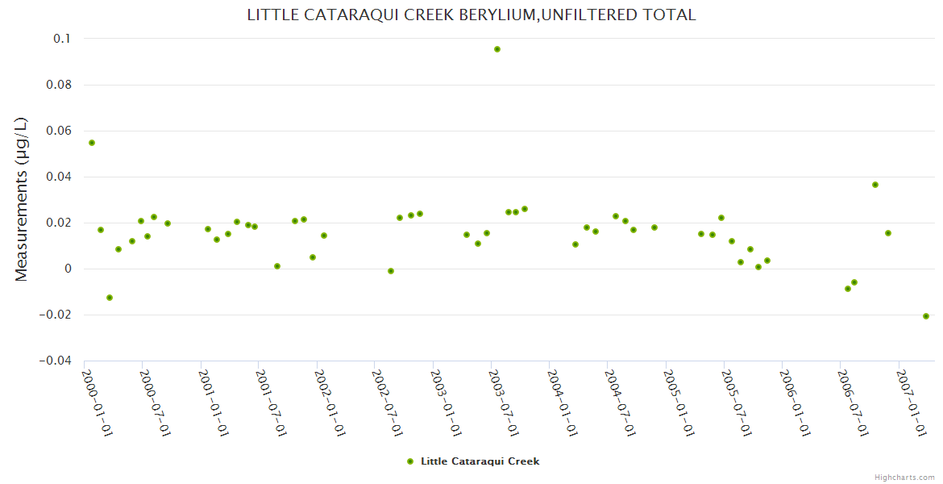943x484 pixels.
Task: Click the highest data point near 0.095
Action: click(497, 49)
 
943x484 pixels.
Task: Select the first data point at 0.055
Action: click(92, 143)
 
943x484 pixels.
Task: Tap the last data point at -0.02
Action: click(926, 316)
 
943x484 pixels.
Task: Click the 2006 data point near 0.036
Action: click(875, 185)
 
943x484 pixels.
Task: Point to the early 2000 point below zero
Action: click(110, 298)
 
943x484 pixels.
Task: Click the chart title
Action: click(471, 15)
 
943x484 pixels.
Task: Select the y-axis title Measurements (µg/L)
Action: click(22, 198)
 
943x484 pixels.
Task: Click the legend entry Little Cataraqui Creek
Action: click(480, 461)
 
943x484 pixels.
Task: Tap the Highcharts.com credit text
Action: click(904, 478)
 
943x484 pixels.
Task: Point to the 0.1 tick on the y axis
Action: click(62, 39)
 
